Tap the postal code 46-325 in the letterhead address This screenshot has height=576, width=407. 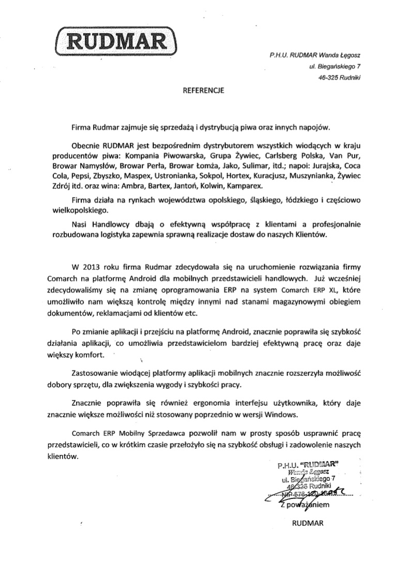click(329, 78)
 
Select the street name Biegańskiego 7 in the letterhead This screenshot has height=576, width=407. click(339, 66)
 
